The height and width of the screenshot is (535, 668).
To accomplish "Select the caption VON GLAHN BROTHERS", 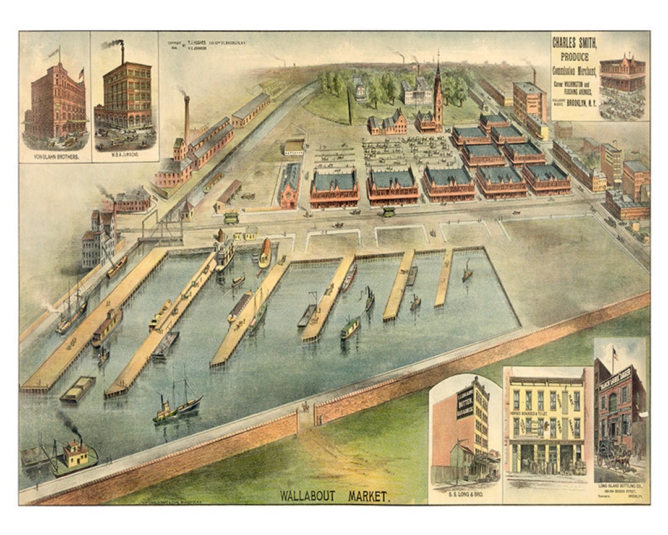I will click(54, 157).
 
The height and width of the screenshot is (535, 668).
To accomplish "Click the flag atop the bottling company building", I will click(615, 351).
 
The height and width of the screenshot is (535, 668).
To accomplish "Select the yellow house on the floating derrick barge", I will click(76, 453).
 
